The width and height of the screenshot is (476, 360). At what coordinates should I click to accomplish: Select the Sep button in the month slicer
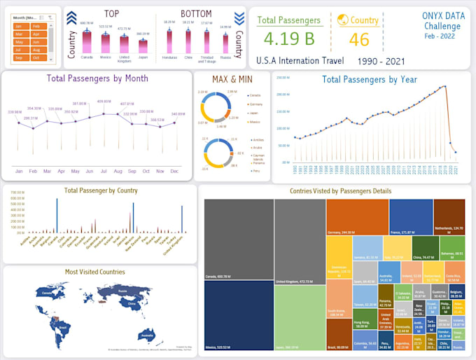point(21,58)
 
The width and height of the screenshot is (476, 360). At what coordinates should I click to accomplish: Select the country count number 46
point(359,39)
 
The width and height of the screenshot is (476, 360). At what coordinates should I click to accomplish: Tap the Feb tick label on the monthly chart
point(33,171)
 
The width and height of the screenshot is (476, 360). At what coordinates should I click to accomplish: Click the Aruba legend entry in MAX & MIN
point(238,148)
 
